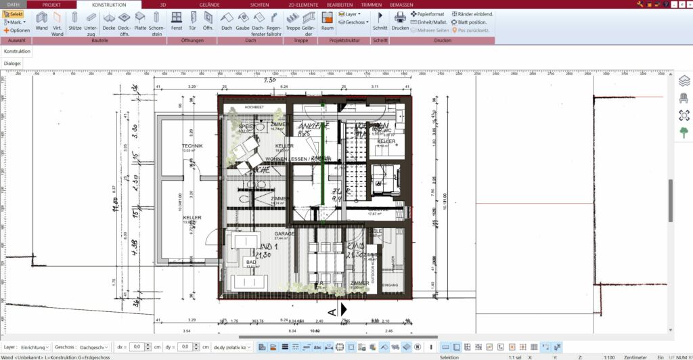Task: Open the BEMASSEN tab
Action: coord(401,4)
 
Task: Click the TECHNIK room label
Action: coord(192,145)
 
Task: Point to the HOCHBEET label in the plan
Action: coord(253,106)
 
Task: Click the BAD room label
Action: coord(250,261)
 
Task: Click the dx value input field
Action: coord(138,346)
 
